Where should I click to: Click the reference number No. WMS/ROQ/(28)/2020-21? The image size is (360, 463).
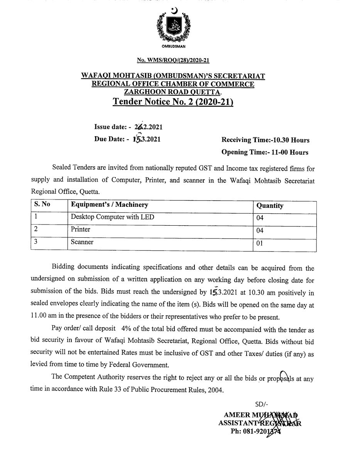[173, 60]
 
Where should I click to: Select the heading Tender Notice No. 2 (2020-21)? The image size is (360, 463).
[173, 102]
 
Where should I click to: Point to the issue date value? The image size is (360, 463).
[145, 127]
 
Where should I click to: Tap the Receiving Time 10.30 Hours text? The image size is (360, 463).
[265, 140]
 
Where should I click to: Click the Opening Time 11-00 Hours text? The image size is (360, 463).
[265, 152]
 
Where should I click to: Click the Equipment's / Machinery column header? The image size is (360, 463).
[109, 204]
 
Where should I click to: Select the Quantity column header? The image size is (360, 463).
[270, 206]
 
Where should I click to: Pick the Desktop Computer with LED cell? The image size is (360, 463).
[112, 217]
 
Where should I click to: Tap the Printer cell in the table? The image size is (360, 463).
[80, 229]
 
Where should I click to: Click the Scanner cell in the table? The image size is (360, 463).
[82, 242]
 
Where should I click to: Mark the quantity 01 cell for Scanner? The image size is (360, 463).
[260, 243]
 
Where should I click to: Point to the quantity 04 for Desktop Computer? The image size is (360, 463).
[260, 218]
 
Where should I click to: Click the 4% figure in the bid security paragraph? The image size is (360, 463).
[127, 330]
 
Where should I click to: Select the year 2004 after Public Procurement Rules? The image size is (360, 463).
[215, 390]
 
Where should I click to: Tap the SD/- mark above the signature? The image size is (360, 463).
[262, 404]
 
